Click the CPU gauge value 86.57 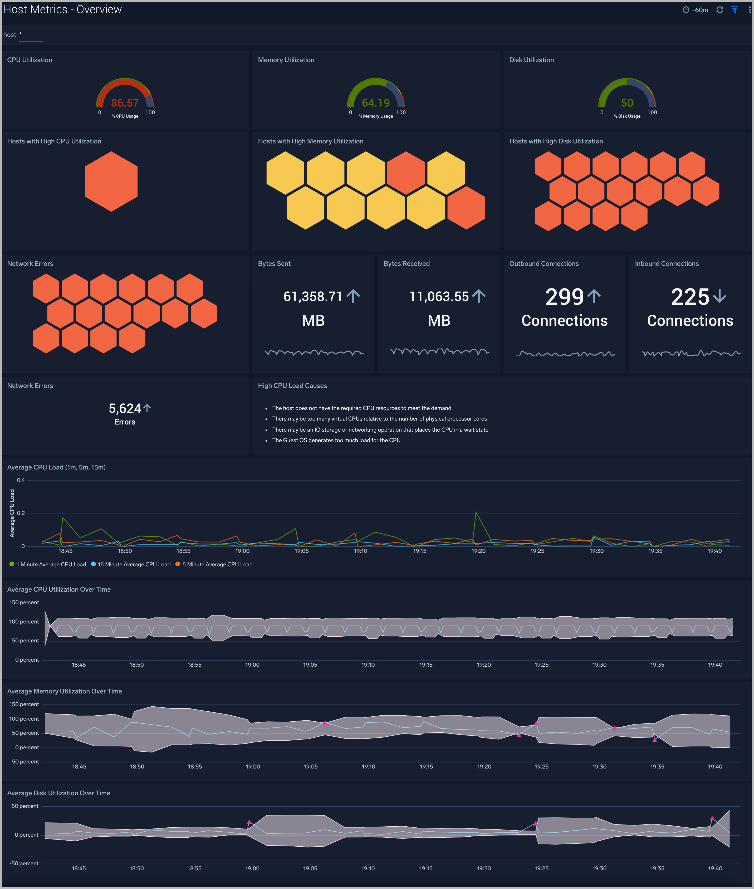pos(125,103)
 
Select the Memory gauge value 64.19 pos(376,103)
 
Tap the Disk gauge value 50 pos(627,103)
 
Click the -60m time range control pos(696,10)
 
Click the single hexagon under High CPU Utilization pos(111,182)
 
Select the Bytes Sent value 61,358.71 pos(313,296)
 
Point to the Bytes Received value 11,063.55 pos(439,296)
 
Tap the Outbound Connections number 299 pos(564,297)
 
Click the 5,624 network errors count pos(125,409)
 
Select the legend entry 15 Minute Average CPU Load pos(134,565)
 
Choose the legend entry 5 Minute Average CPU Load pos(217,565)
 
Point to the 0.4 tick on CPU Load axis pos(21,480)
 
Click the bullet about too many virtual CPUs pos(379,419)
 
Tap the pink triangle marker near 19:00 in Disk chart pos(249,822)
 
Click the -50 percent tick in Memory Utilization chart pos(24,762)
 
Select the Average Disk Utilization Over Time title pos(58,793)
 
